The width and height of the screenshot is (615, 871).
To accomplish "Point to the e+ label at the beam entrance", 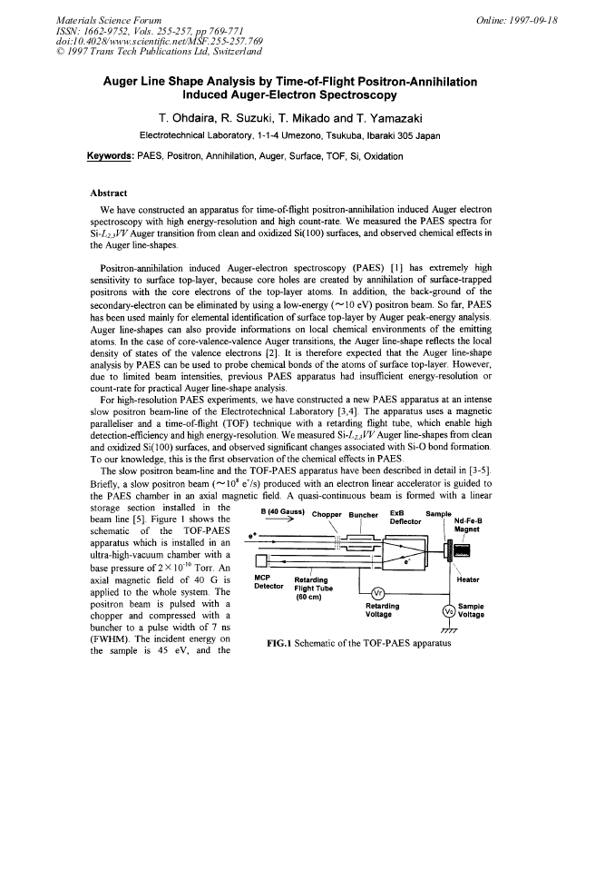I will (x=253, y=536).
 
